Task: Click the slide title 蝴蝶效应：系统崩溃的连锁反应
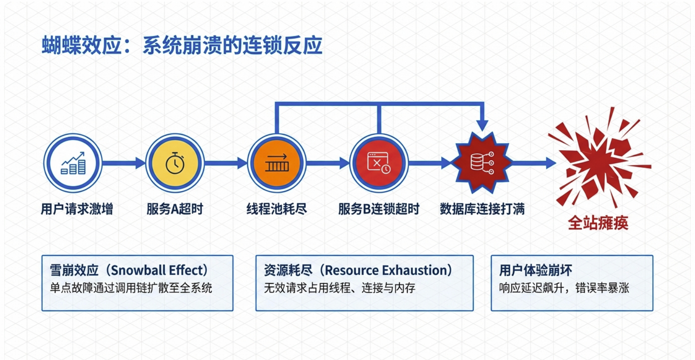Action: (182, 46)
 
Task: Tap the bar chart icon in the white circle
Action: (73, 163)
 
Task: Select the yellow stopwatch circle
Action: (175, 163)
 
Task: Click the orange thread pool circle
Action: (277, 163)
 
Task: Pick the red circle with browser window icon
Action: (378, 163)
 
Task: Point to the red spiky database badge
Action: (482, 163)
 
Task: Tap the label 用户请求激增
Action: (77, 208)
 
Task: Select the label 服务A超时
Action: (175, 208)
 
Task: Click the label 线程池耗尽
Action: (277, 208)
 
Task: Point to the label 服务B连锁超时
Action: (378, 208)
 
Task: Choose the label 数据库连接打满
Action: (482, 208)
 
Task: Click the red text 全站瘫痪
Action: (598, 223)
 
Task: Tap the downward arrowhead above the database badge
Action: (482, 125)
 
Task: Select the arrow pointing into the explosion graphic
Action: (536, 163)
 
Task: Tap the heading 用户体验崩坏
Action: (535, 270)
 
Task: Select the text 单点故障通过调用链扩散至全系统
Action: (131, 288)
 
